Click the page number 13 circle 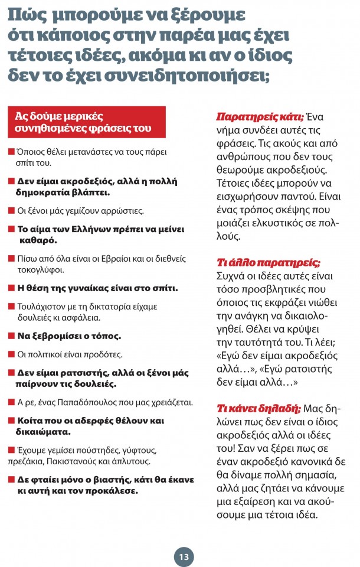[184, 556]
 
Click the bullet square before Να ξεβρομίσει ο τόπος [11, 336]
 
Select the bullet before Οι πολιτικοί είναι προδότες [11, 354]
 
